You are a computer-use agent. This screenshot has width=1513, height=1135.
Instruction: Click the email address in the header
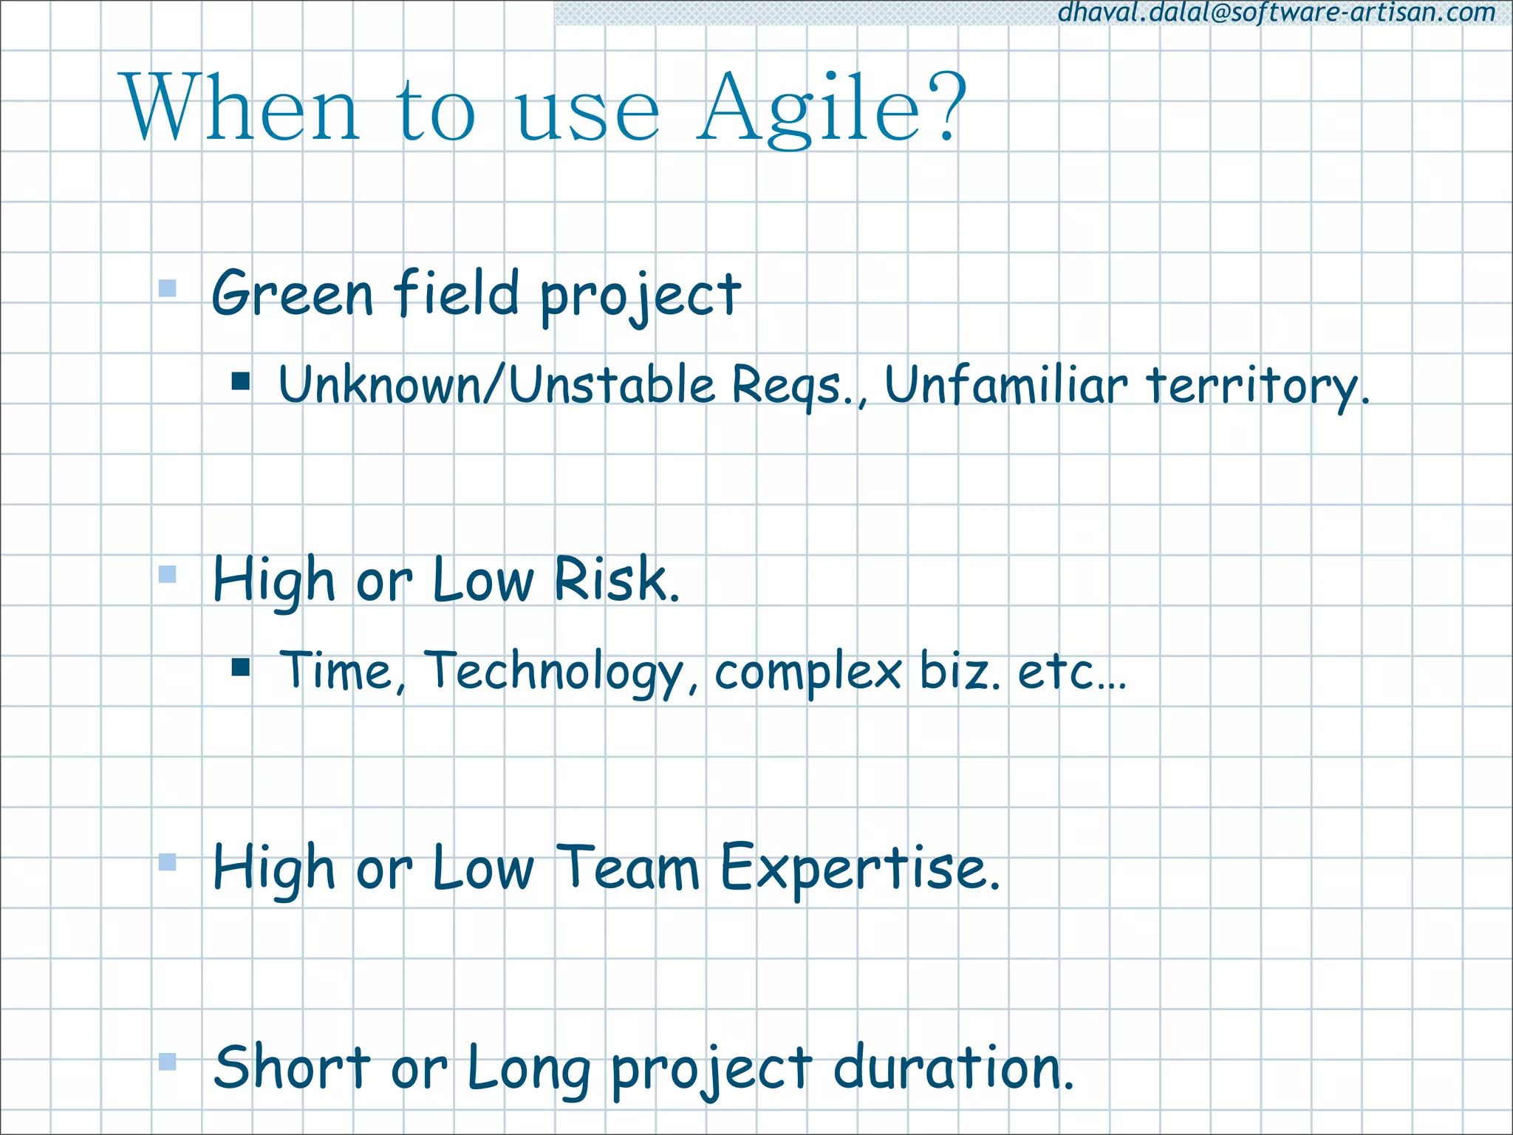click(1277, 13)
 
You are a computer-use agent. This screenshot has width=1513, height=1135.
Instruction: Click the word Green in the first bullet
click(292, 294)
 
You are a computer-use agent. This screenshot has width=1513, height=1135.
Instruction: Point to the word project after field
click(640, 296)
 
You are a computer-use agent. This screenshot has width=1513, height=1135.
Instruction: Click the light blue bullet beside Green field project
click(168, 288)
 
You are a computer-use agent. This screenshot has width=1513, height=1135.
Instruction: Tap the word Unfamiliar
click(1005, 385)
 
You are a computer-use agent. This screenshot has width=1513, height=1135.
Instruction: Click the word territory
click(1257, 386)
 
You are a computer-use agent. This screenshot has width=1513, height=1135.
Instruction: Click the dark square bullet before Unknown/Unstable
click(241, 381)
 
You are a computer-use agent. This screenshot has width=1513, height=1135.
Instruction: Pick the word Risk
click(615, 579)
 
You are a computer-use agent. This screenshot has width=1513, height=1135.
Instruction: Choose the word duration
click(952, 1068)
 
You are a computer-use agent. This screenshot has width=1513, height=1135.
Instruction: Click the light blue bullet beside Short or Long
click(168, 1062)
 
